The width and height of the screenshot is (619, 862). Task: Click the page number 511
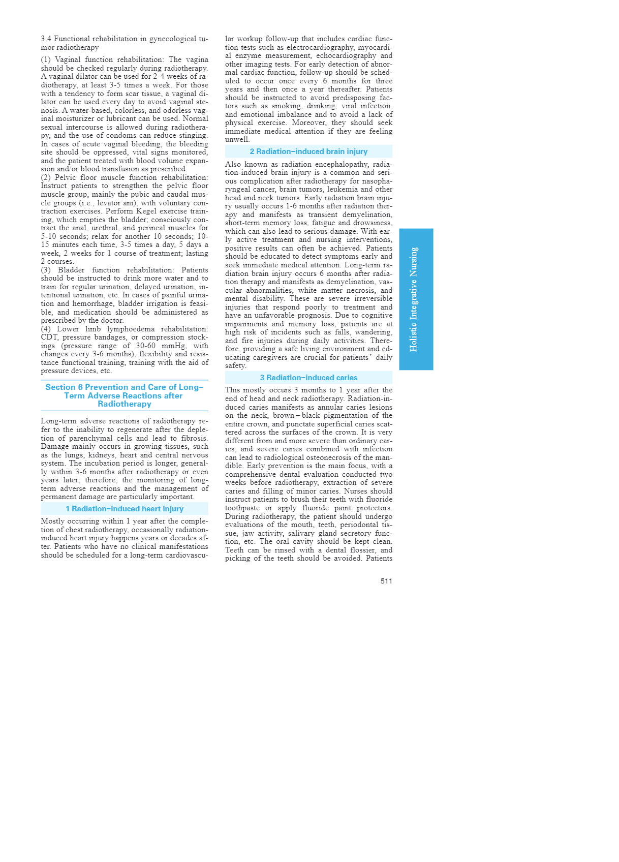(386, 581)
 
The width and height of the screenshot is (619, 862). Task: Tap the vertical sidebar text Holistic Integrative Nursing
(414, 299)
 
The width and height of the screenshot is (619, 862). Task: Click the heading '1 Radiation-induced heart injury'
(125, 509)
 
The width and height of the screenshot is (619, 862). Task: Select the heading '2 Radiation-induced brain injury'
(308, 151)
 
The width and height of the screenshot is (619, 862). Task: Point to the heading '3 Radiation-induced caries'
(308, 378)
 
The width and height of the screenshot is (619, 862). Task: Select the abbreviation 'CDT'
(49, 337)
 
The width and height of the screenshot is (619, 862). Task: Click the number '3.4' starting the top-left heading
(46, 39)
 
